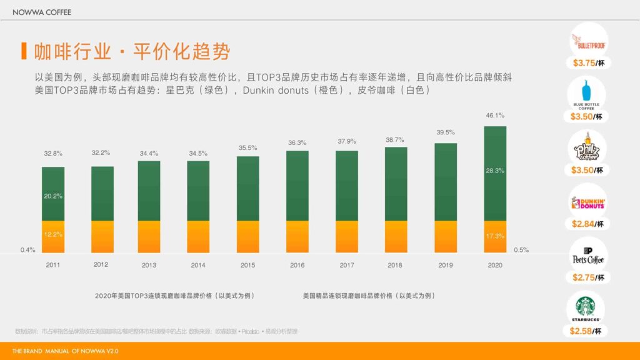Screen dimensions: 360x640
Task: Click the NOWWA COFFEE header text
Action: pyautogui.click(x=42, y=12)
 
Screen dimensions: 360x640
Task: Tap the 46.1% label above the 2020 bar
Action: pyautogui.click(x=495, y=116)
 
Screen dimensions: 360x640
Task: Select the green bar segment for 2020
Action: pyautogui.click(x=495, y=173)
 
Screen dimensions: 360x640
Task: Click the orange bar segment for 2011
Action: pyautogui.click(x=53, y=237)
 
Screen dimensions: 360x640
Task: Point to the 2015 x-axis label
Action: pyautogui.click(x=248, y=265)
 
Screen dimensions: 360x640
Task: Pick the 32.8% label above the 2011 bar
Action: pyautogui.click(x=53, y=153)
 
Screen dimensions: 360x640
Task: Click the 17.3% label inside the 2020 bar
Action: pyautogui.click(x=495, y=237)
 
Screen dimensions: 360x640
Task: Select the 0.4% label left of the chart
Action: pyautogui.click(x=27, y=250)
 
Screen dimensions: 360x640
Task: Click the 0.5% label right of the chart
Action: pyautogui.click(x=521, y=250)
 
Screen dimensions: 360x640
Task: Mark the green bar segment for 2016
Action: pyautogui.click(x=297, y=186)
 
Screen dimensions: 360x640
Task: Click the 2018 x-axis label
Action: pyautogui.click(x=395, y=265)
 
